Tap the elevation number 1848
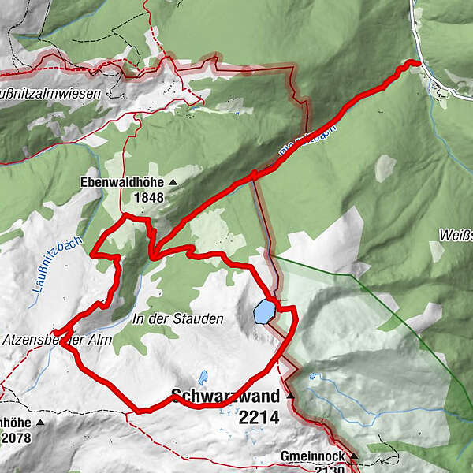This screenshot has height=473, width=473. point(147,197)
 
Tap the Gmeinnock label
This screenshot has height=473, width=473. point(312,457)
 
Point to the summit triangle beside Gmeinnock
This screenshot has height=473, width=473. point(354,456)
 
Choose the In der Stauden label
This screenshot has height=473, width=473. point(178,319)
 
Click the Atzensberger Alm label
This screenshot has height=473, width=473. point(57,341)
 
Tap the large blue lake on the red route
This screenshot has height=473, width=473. point(263,311)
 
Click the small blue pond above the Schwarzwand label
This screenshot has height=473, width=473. point(203,376)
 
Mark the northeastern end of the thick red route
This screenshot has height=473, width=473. point(415,63)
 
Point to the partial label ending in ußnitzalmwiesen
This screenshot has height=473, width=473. point(50,93)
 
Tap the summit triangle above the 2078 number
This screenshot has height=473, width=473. point(39,422)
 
